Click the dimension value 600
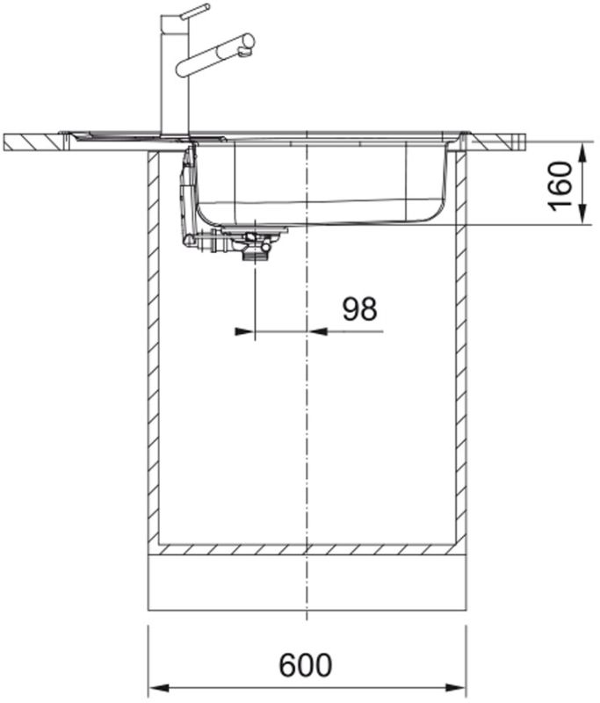pyautogui.click(x=305, y=665)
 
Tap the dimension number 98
pyautogui.click(x=360, y=309)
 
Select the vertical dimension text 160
pyautogui.click(x=560, y=185)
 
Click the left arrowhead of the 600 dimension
pyautogui.click(x=159, y=688)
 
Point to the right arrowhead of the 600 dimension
pyautogui.click(x=455, y=688)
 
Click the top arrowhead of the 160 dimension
pyautogui.click(x=582, y=153)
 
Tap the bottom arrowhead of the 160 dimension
pyautogui.click(x=582, y=214)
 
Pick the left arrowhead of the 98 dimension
pyautogui.click(x=245, y=331)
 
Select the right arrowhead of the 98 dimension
pyautogui.click(x=317, y=331)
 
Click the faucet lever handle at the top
pyautogui.click(x=195, y=11)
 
